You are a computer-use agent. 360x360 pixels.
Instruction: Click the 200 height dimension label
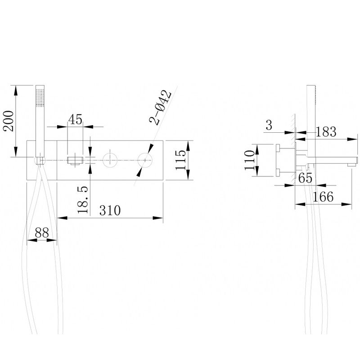8,121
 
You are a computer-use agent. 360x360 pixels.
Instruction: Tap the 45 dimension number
75,119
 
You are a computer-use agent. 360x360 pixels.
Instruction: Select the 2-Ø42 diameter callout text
160,108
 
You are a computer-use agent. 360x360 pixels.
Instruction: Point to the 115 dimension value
181,160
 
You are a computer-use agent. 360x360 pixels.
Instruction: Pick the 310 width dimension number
110,210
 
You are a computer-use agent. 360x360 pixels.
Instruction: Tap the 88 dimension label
42,233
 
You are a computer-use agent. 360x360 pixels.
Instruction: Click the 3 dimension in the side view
269,125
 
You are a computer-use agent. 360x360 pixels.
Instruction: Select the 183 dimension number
326,131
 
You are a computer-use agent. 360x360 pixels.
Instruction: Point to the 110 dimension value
250,160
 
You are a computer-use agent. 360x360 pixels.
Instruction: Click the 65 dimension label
306,178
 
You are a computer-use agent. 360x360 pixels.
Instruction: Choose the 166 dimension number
323,197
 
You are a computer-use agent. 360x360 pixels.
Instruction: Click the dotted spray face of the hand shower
40,97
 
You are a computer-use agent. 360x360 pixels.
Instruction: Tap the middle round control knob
110,160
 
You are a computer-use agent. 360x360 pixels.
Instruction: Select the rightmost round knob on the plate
145,160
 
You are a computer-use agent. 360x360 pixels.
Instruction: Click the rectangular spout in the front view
75,161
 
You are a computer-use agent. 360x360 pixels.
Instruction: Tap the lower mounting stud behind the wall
278,173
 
